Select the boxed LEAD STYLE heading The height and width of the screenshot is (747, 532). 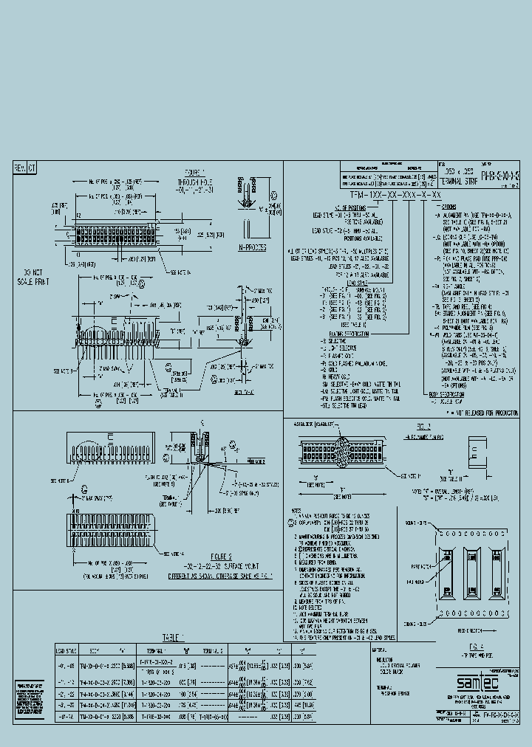coord(357,283)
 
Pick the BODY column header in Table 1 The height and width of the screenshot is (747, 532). coord(94,650)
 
